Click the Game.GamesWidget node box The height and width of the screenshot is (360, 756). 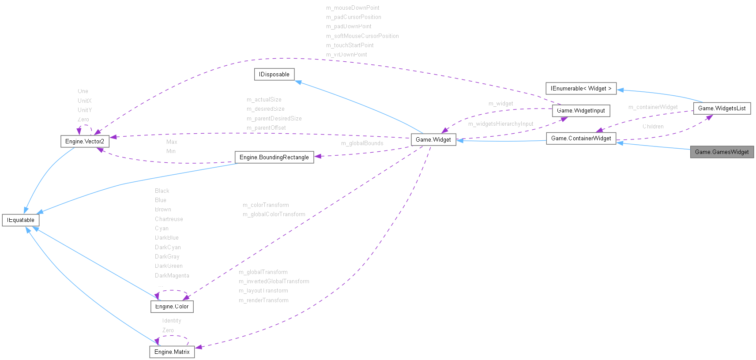[x=722, y=152]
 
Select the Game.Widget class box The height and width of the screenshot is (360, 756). [x=433, y=139]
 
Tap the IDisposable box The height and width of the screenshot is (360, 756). [x=274, y=74]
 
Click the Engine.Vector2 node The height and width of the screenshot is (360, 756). [x=85, y=141]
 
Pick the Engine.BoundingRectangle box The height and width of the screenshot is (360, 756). [x=274, y=157]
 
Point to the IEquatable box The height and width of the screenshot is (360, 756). [x=21, y=220]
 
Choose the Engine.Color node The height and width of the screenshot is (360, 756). [x=172, y=306]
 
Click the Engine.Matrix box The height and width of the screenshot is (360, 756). [x=172, y=352]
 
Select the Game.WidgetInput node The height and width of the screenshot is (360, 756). [x=581, y=110]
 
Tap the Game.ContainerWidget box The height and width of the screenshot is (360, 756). [x=581, y=138]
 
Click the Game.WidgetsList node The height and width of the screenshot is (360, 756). [x=722, y=108]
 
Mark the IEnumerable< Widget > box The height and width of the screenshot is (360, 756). [x=581, y=88]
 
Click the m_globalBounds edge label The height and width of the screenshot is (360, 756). [x=362, y=143]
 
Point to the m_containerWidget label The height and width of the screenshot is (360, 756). [x=653, y=107]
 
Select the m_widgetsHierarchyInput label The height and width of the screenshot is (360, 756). [x=500, y=124]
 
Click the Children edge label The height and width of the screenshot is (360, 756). [x=653, y=127]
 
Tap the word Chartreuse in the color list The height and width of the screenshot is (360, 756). [x=169, y=219]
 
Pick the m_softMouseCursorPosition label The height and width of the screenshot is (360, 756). [x=362, y=36]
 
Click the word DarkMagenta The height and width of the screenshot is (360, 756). [x=172, y=276]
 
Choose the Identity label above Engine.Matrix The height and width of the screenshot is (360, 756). [x=171, y=321]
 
